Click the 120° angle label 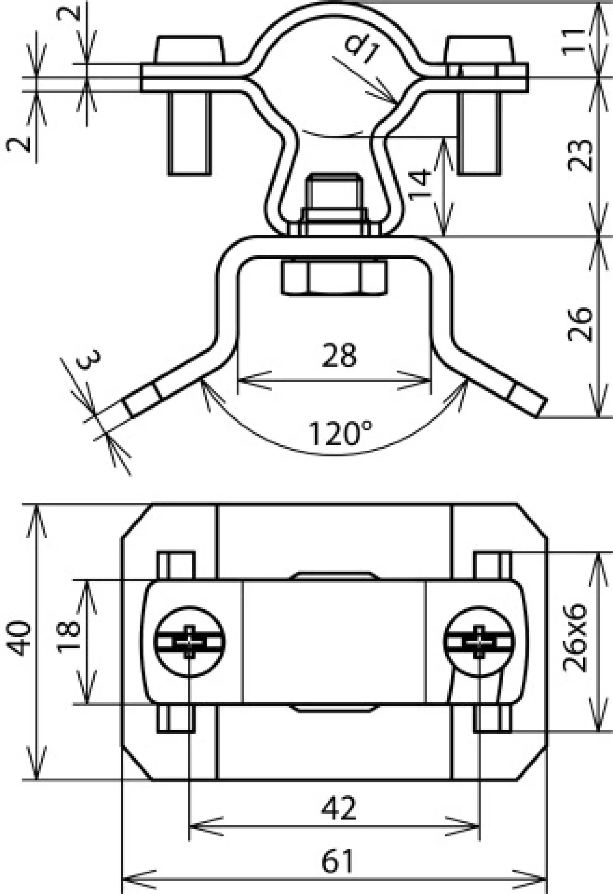click(x=340, y=434)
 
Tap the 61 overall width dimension click(x=338, y=861)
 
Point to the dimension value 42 click(x=339, y=808)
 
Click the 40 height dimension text click(x=19, y=638)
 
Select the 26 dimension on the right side click(x=580, y=324)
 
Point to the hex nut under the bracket click(x=334, y=277)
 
